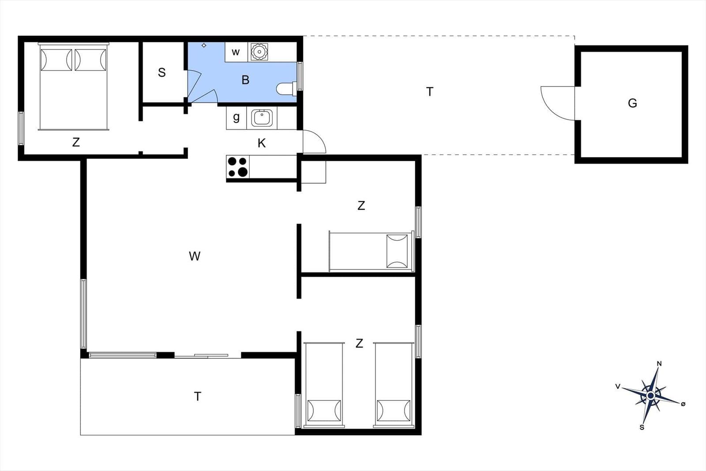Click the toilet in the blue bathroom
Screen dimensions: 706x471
(x=286, y=89)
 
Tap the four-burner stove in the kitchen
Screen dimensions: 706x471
(x=238, y=167)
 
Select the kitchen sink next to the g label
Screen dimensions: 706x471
(x=262, y=117)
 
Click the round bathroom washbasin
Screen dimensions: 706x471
(x=259, y=52)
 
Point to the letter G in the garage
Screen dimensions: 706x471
(x=632, y=103)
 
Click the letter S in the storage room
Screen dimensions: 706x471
(x=161, y=72)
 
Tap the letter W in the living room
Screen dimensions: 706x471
(x=195, y=256)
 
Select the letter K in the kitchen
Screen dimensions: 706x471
(x=261, y=143)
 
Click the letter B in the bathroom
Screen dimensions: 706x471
(x=245, y=80)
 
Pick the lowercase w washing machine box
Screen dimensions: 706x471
(x=236, y=52)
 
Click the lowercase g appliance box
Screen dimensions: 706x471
(x=237, y=117)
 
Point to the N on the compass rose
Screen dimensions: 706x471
(x=659, y=363)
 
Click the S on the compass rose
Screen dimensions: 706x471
(x=642, y=427)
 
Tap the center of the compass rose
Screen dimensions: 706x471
(x=650, y=396)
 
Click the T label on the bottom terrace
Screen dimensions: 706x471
(x=198, y=396)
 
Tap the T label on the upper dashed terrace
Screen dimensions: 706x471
(x=430, y=92)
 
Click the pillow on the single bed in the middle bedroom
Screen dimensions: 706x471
(x=397, y=251)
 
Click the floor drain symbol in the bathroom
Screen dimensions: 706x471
(x=204, y=45)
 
